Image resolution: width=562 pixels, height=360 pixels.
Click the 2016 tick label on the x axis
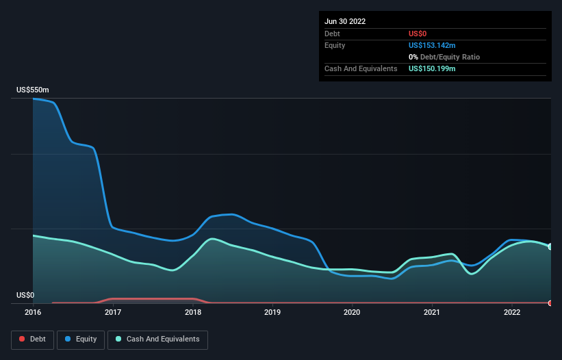tap(33, 313)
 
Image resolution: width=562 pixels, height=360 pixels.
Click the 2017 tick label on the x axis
tap(113, 313)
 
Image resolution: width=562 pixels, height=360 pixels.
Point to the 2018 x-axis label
tap(193, 313)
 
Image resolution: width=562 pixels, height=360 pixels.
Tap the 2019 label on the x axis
tap(272, 313)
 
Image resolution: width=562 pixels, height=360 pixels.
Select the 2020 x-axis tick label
tap(352, 313)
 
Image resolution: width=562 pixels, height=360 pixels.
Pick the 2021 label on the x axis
tap(432, 313)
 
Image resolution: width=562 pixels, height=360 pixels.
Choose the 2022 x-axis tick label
tap(511, 313)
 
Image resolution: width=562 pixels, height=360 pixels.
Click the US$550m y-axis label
tap(33, 90)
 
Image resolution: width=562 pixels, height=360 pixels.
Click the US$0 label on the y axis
tap(25, 296)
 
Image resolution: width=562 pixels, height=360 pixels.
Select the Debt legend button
tap(33, 339)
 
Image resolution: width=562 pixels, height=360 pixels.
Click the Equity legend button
tap(81, 339)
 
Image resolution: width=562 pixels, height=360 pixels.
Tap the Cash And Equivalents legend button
tap(157, 339)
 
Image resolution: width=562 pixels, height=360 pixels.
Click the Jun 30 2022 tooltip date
tap(345, 21)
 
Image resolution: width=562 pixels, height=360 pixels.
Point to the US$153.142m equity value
tap(432, 45)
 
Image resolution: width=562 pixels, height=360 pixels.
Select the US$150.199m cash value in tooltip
tap(432, 69)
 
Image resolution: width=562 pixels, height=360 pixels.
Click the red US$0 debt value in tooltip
tap(418, 34)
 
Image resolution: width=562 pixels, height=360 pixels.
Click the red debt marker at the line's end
tap(550, 303)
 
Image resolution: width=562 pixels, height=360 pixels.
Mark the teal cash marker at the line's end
tap(550, 246)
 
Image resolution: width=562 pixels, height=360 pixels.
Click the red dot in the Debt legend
tap(22, 339)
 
